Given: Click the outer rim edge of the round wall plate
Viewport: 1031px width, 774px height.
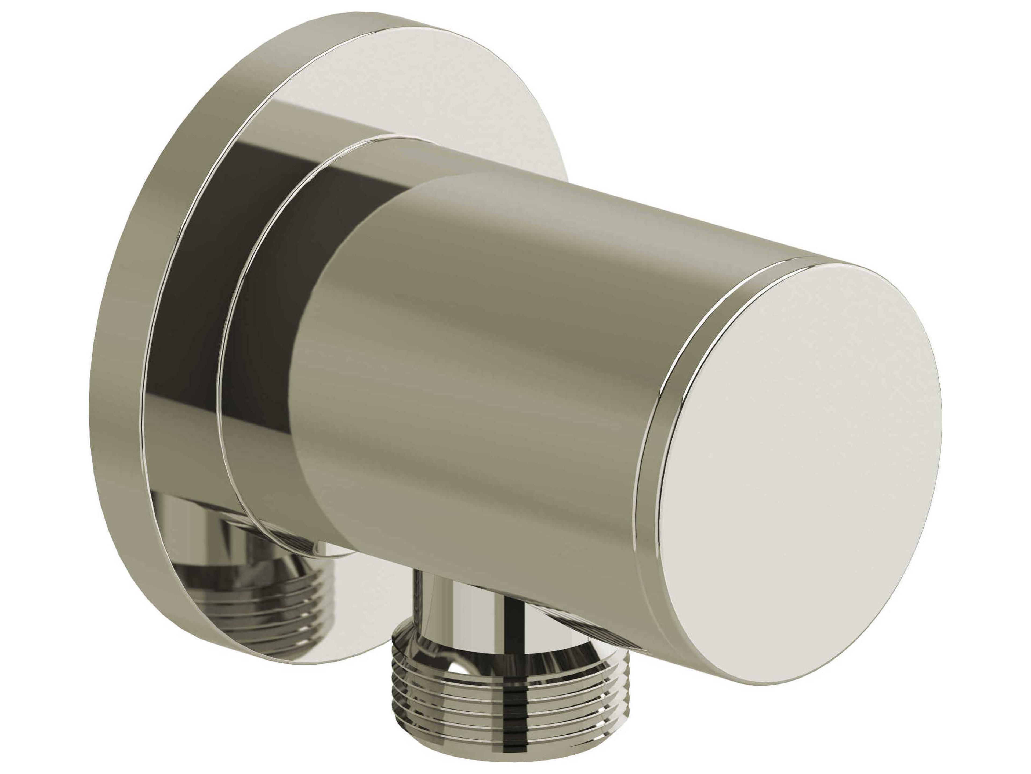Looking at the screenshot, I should pyautogui.click(x=126, y=373).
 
